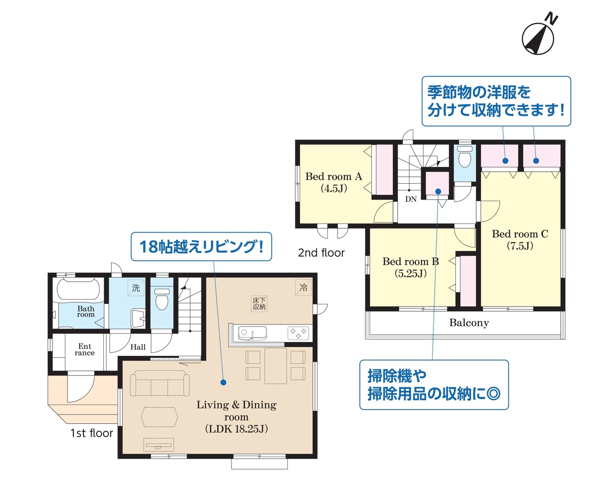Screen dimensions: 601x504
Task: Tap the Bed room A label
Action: [333, 182]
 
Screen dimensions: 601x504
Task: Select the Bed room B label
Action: [410, 267]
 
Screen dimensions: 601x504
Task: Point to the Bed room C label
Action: [520, 240]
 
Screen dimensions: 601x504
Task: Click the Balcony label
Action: [469, 323]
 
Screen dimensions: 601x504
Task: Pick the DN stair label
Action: [411, 199]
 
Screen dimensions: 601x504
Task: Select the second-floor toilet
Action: [464, 157]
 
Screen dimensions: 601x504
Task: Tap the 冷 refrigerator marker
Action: [303, 287]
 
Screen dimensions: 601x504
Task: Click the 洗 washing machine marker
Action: [136, 288]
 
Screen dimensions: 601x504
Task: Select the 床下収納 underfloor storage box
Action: [259, 304]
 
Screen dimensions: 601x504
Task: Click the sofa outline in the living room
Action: [160, 384]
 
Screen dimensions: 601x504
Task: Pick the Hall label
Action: [138, 347]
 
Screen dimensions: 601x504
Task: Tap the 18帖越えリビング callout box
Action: [201, 247]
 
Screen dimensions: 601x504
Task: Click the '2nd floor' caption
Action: [321, 253]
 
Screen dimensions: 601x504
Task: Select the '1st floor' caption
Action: [92, 433]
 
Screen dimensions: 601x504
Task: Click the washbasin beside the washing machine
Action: [138, 318]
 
